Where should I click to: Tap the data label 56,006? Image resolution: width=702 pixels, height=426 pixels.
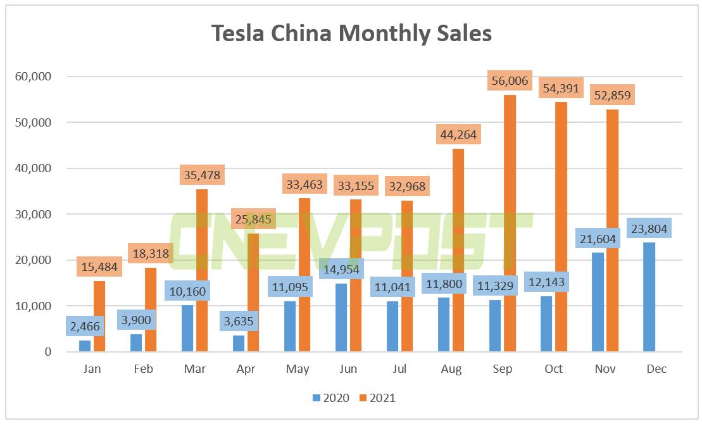coord(510,80)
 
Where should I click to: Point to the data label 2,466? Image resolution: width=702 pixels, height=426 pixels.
coord(85,327)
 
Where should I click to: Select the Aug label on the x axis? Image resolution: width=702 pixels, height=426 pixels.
coord(451,369)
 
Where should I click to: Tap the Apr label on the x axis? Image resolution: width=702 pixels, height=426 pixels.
coord(246,369)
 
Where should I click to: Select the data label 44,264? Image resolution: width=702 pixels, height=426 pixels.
coord(458,135)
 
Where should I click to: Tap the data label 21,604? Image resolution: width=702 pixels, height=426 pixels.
coord(598,240)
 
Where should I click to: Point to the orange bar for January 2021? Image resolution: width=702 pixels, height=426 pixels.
coord(99,316)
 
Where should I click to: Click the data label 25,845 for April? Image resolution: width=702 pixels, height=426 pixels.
coord(253,219)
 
